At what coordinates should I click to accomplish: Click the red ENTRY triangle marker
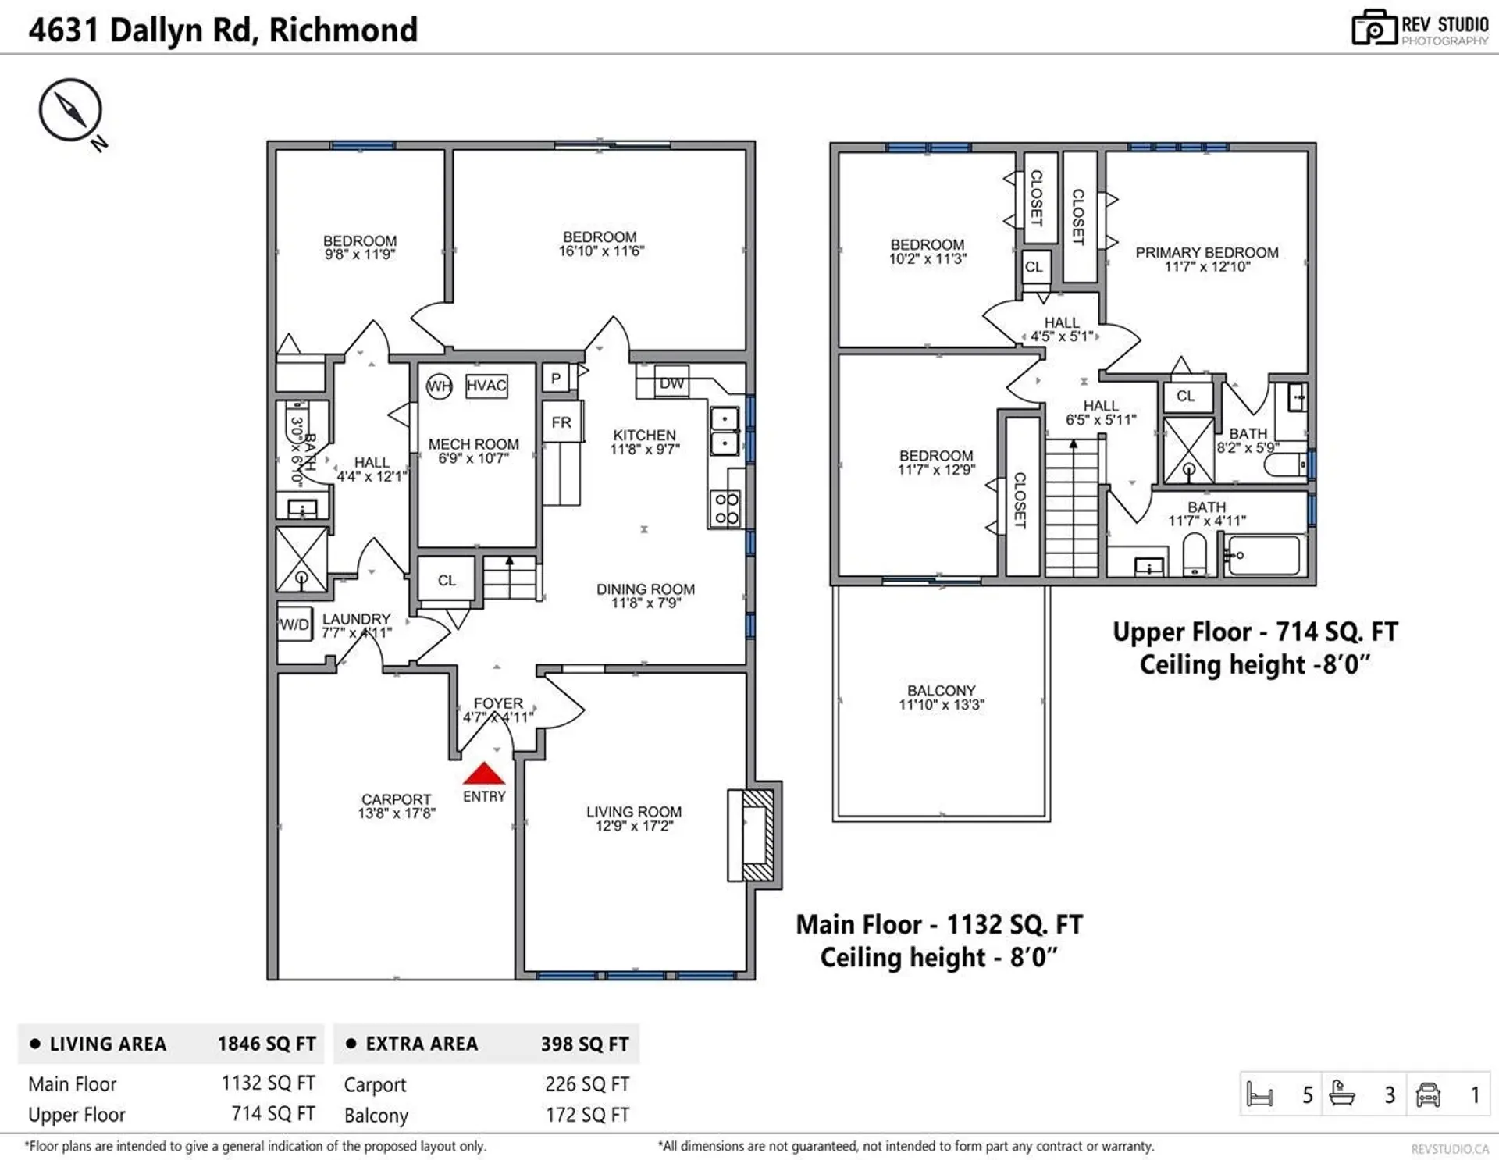(484, 774)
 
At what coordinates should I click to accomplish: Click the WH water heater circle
(440, 386)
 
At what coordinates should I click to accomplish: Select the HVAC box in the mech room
(486, 386)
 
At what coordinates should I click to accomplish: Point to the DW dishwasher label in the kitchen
(671, 383)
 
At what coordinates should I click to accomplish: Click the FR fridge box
(561, 422)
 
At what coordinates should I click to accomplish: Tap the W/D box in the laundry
(294, 624)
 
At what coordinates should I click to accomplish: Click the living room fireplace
(753, 834)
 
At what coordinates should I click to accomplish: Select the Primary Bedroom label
(1206, 253)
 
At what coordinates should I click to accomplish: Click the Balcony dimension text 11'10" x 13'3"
(941, 705)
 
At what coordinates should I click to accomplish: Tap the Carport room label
(396, 799)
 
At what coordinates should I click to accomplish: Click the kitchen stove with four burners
(726, 508)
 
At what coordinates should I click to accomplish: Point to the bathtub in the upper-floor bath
(1263, 555)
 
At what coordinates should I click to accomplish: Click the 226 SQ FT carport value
(586, 1084)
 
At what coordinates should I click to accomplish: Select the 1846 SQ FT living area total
(266, 1044)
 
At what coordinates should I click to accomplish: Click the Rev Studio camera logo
(1373, 28)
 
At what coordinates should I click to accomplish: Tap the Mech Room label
(473, 444)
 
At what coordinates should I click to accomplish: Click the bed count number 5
(1307, 1095)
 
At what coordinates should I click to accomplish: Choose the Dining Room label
(645, 589)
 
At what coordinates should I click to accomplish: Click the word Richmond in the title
(343, 30)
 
